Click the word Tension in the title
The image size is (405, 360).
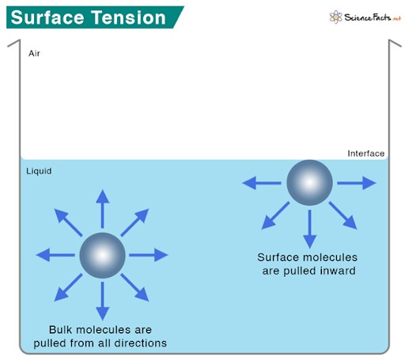tap(130, 17)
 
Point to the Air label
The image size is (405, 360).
tap(34, 54)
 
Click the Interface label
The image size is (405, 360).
tap(365, 153)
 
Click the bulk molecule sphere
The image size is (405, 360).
tap(102, 255)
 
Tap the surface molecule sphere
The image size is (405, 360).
tap(309, 183)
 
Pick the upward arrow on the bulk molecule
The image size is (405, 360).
tap(102, 207)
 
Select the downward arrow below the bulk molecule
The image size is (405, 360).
tap(102, 301)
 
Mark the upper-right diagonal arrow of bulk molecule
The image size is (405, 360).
tap(135, 222)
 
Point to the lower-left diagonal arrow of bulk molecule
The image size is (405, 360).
tap(69, 288)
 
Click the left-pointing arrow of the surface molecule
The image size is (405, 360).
tap(260, 183)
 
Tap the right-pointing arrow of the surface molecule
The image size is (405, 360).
tap(358, 183)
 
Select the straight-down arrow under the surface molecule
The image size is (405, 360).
tap(309, 230)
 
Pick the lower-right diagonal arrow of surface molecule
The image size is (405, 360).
tap(343, 216)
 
